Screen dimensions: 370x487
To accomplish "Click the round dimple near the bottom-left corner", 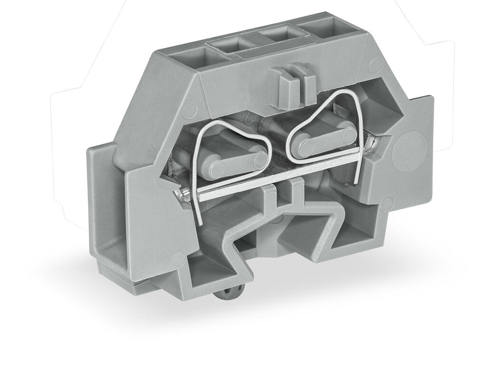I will pyautogui.click(x=179, y=259).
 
